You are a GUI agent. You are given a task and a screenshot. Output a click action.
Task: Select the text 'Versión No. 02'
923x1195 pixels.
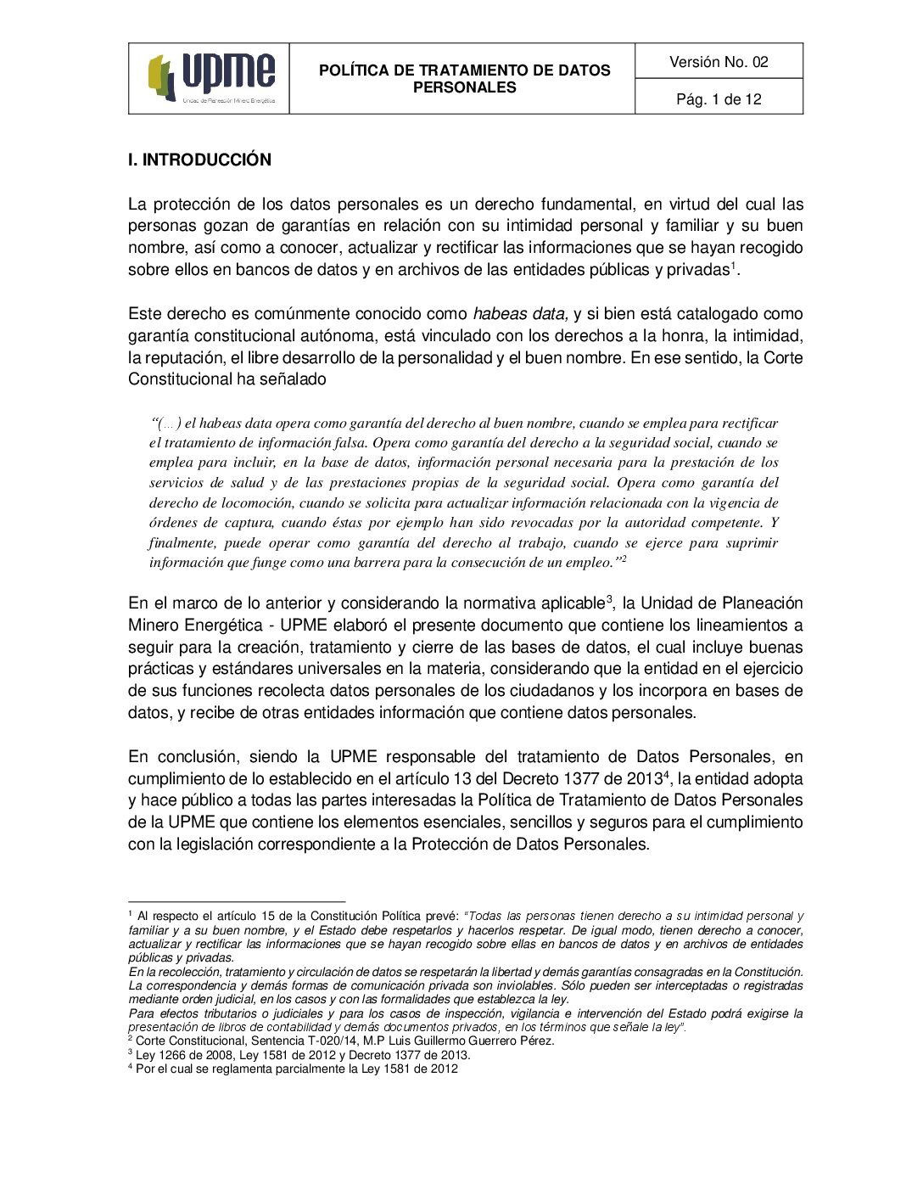click(x=719, y=62)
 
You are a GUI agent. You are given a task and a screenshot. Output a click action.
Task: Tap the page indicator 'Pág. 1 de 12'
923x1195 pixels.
click(x=719, y=99)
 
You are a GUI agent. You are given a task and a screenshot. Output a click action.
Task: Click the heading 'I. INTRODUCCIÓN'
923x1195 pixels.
click(x=199, y=160)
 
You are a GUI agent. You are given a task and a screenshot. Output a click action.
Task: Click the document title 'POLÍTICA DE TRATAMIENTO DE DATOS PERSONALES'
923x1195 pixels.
click(x=464, y=79)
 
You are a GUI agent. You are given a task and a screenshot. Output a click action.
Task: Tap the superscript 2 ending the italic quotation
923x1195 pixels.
click(x=624, y=558)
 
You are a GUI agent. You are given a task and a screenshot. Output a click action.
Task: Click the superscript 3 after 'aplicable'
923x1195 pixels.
click(x=609, y=599)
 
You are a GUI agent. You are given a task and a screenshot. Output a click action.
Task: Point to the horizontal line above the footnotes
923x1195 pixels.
click(x=237, y=901)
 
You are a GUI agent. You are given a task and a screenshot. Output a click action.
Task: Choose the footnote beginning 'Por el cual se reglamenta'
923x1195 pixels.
click(x=296, y=1069)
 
